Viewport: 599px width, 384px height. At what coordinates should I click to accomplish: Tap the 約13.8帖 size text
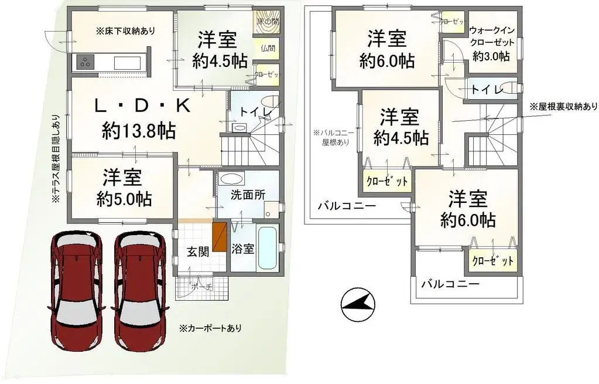click(138, 130)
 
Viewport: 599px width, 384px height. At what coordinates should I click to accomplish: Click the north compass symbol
click(358, 304)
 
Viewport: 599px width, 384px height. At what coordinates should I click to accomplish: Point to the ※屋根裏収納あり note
click(563, 107)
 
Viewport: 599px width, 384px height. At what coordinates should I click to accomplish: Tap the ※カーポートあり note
click(210, 328)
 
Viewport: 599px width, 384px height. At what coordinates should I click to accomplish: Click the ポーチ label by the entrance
click(201, 287)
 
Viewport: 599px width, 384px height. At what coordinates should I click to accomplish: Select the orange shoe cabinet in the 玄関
click(220, 236)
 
